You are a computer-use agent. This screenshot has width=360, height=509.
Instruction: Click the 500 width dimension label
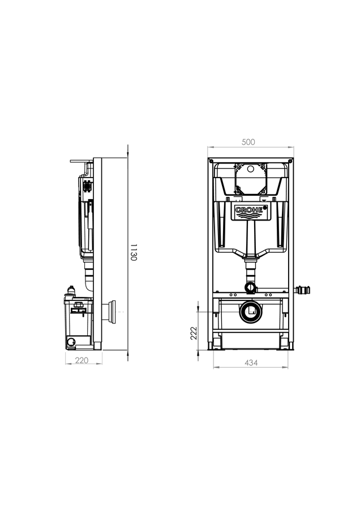coord(248,142)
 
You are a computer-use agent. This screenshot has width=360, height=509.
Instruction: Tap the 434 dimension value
coord(251,363)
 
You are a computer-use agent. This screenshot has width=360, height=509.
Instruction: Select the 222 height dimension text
coord(194,333)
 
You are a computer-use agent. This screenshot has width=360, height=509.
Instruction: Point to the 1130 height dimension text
coord(134,252)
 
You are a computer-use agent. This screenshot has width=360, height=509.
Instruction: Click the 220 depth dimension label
coord(82,360)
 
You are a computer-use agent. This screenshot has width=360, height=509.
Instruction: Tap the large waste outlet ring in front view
coord(251,312)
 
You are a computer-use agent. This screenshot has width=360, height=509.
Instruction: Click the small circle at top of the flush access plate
coord(251,169)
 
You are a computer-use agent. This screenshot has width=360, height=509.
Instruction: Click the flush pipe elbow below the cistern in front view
coord(251,287)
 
